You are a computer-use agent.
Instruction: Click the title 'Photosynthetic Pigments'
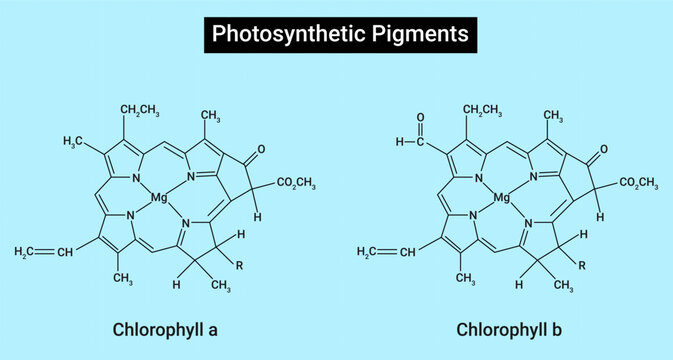point(336,34)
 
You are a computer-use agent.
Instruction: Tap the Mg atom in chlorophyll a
point(159,198)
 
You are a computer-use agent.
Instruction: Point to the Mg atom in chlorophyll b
point(502,198)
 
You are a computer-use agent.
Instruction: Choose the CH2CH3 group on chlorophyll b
point(483,108)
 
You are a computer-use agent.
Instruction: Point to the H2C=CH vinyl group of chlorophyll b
point(382,250)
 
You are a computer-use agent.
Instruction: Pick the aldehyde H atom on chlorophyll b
point(400,142)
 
